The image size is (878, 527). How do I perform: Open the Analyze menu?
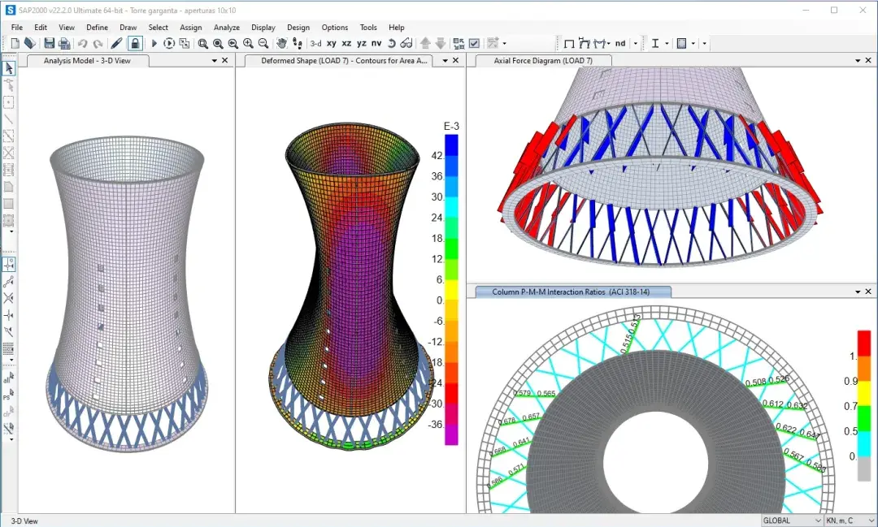(x=227, y=28)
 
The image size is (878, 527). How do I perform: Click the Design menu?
(x=298, y=28)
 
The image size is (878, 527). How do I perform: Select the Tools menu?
(x=368, y=28)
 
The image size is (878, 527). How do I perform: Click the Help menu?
(x=396, y=28)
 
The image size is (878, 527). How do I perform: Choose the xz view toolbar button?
(x=346, y=43)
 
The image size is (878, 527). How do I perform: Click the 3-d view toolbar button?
(x=315, y=43)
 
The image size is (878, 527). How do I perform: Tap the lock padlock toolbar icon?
(x=135, y=43)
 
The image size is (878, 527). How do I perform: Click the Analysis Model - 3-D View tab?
(x=86, y=61)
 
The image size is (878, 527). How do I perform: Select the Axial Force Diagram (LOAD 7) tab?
(x=543, y=61)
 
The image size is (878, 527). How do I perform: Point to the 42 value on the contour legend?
(x=437, y=155)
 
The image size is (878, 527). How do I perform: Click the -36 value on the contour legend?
(x=436, y=425)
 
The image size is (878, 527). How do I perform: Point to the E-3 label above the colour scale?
(x=451, y=126)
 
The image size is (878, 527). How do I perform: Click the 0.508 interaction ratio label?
(x=755, y=382)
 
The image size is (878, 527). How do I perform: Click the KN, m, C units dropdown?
(x=849, y=521)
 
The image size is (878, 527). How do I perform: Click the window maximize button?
(x=833, y=10)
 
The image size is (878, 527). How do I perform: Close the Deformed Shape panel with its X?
(x=457, y=61)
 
